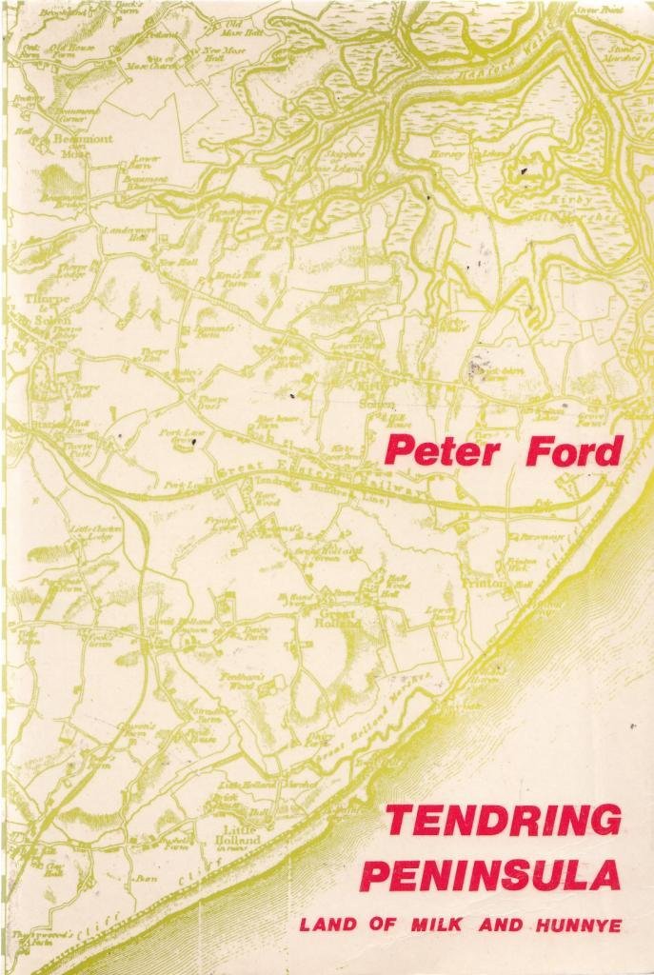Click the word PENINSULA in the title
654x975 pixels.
(x=491, y=873)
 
